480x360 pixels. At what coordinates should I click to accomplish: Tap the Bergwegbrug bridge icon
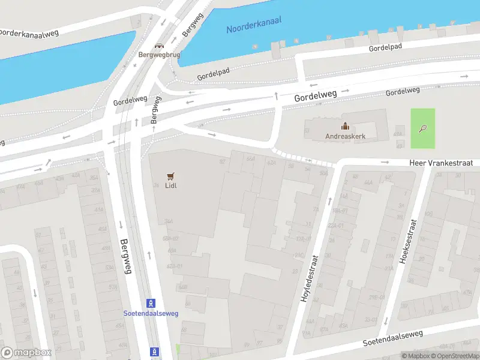(159, 46)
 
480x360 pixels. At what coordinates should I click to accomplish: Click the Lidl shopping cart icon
(171, 176)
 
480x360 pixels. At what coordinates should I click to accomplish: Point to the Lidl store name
(171, 185)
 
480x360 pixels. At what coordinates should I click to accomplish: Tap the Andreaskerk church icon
(345, 126)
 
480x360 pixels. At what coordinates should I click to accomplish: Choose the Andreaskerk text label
(345, 136)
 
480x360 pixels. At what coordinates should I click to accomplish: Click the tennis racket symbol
(423, 128)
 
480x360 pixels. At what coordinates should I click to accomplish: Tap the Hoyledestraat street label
(310, 277)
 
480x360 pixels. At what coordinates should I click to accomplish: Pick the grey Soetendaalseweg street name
(392, 338)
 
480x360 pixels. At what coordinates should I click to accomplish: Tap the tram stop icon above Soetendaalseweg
(151, 302)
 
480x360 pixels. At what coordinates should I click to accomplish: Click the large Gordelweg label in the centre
(315, 96)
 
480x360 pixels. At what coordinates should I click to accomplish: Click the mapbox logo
(26, 352)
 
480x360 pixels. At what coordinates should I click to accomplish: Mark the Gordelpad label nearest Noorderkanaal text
(385, 47)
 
